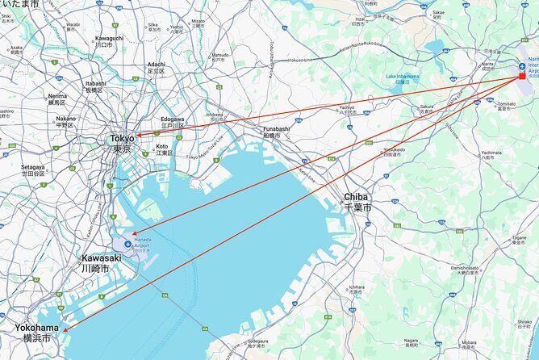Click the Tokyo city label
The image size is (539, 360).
click(x=123, y=139)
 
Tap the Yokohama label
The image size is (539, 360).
click(x=36, y=328)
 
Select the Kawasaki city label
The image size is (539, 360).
click(x=101, y=258)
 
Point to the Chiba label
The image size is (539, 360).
click(x=356, y=196)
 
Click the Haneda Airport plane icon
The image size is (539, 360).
click(x=127, y=244)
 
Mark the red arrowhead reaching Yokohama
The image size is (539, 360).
click(x=65, y=329)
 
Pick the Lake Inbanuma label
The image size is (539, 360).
click(x=403, y=77)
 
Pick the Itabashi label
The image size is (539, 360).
click(x=95, y=83)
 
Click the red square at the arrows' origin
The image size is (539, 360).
click(x=521, y=75)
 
